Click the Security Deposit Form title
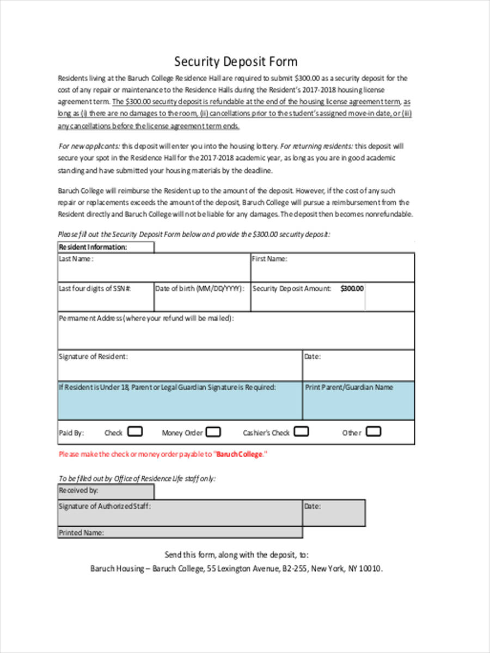click(x=236, y=61)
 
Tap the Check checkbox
click(x=135, y=432)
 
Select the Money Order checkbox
click(x=213, y=433)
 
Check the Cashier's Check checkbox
click(x=301, y=432)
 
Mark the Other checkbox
click(x=373, y=432)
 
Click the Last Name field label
click(x=76, y=259)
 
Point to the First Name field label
click(x=269, y=259)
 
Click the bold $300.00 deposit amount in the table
click(x=352, y=289)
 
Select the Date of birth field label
click(x=199, y=289)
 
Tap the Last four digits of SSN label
click(x=94, y=289)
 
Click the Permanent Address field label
click(x=146, y=318)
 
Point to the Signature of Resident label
click(x=93, y=357)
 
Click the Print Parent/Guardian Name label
click(x=349, y=387)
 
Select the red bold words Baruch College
click(x=240, y=454)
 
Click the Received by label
click(x=78, y=490)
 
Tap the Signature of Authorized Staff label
click(x=105, y=506)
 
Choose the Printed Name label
click(x=81, y=533)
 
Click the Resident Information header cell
click(x=93, y=247)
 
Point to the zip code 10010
click(x=371, y=569)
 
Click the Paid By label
click(x=71, y=434)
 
